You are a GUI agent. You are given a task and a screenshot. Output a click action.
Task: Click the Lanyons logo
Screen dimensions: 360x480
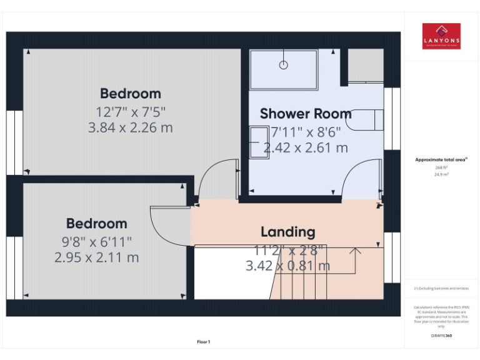pyautogui.click(x=441, y=36)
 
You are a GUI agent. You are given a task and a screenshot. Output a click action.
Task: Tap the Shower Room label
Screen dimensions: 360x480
pyautogui.click(x=306, y=114)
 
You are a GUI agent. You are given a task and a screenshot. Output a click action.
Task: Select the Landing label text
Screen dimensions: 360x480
pyautogui.click(x=287, y=232)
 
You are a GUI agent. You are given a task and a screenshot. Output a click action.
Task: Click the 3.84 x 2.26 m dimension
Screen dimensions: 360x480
pyautogui.click(x=131, y=128)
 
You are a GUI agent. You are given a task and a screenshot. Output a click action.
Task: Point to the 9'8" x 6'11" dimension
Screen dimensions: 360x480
pyautogui.click(x=96, y=241)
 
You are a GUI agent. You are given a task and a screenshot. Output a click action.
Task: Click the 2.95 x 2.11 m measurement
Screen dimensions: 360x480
pyautogui.click(x=96, y=257)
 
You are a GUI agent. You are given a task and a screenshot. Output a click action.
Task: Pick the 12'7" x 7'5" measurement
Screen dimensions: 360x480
pyautogui.click(x=131, y=112)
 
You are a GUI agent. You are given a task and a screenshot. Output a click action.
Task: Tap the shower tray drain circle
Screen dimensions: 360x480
pyautogui.click(x=284, y=64)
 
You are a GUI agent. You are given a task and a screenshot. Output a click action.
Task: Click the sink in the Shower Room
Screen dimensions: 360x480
pyautogui.click(x=259, y=142)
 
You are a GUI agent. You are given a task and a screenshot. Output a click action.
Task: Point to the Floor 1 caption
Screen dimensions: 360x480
pyautogui.click(x=204, y=342)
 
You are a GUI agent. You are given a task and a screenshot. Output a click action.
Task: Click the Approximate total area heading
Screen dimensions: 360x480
pyautogui.click(x=441, y=160)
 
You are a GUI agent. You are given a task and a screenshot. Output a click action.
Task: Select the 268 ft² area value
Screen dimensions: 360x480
pyautogui.click(x=441, y=167)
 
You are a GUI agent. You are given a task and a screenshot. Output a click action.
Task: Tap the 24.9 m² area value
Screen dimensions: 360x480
pyautogui.click(x=441, y=175)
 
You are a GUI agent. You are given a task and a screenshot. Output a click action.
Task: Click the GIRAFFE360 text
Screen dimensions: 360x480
pyautogui.click(x=441, y=336)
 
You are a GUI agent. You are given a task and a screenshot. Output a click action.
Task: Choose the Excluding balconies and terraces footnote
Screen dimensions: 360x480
pyautogui.click(x=441, y=288)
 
